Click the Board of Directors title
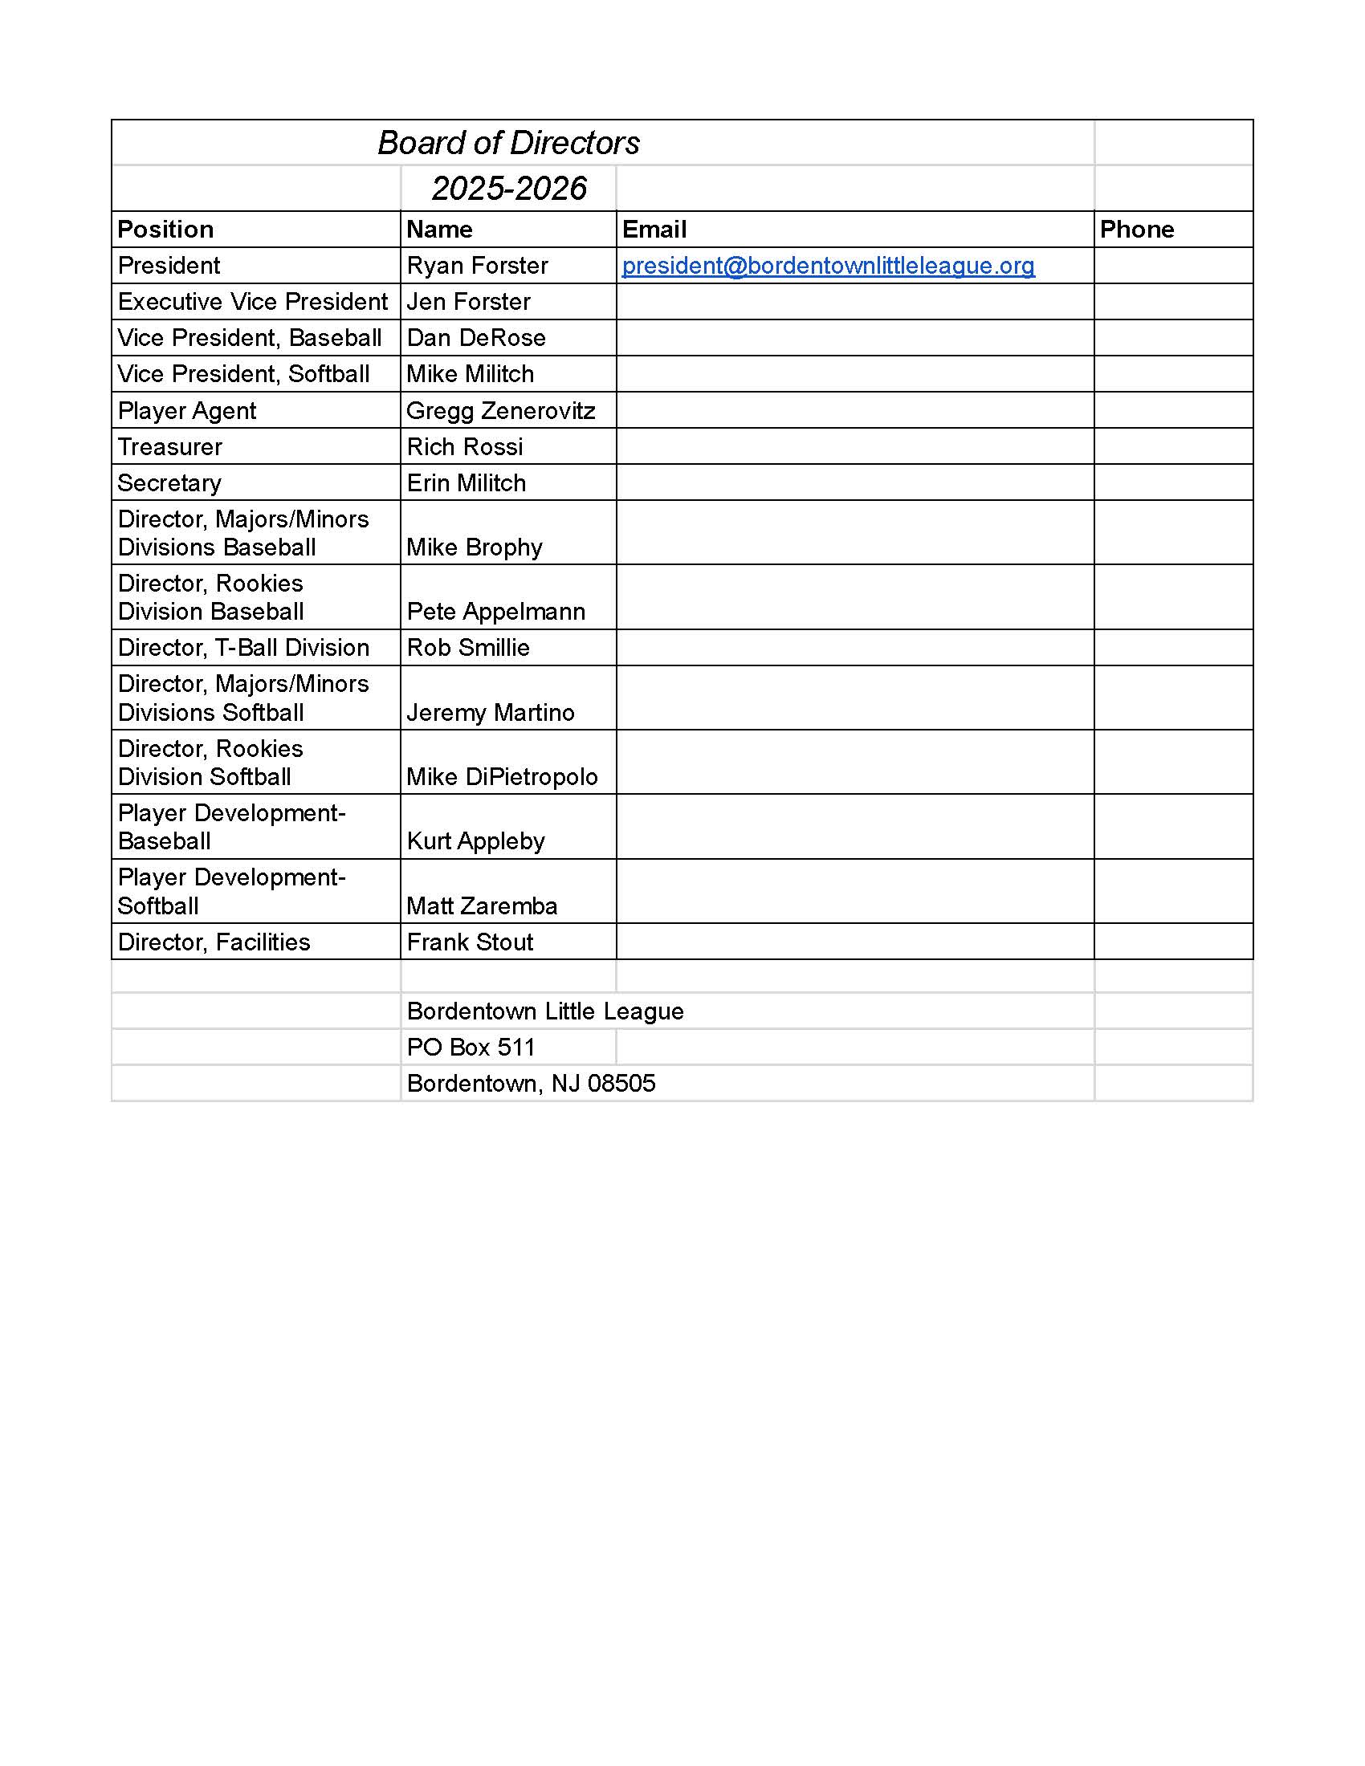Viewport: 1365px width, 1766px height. coord(508,143)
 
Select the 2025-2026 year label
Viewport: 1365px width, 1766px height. coord(508,189)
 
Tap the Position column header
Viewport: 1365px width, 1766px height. coord(165,230)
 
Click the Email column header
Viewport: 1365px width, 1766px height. coord(654,230)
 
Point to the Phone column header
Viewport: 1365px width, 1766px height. coord(1136,230)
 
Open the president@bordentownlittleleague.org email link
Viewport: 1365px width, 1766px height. coord(828,266)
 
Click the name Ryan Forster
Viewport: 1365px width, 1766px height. coord(477,266)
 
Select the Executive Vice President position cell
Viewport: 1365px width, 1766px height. coord(252,302)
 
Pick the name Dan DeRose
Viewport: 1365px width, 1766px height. coord(475,338)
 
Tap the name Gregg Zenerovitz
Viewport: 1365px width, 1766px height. coord(500,411)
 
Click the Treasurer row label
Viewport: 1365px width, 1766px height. coord(169,447)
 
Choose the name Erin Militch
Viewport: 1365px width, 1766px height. coord(466,483)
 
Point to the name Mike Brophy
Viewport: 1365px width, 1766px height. coord(474,547)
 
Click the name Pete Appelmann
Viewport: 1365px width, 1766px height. coord(495,612)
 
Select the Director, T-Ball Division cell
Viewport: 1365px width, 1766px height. coord(243,648)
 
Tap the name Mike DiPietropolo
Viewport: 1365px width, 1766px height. coord(501,777)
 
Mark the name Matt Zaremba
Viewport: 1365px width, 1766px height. coord(482,905)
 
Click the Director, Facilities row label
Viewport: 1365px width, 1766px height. coord(214,942)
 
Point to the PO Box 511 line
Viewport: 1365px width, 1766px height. coord(471,1048)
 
